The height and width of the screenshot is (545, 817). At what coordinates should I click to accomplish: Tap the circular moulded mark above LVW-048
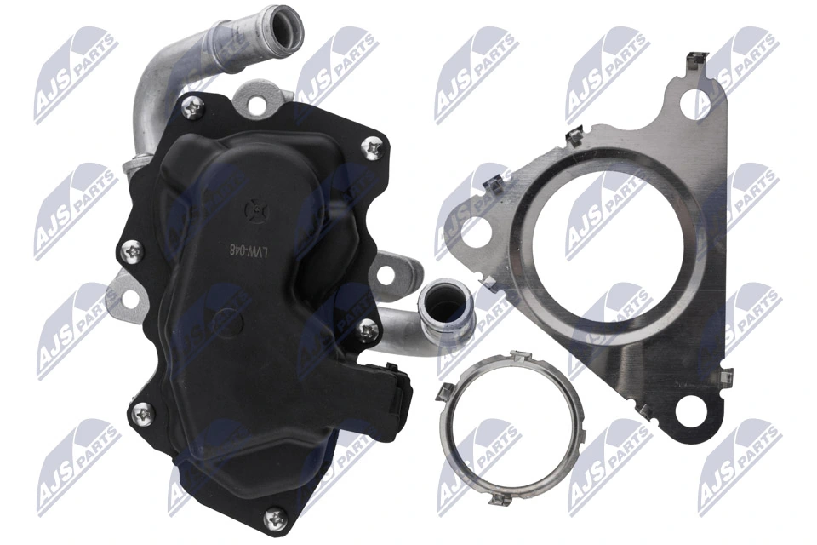(250, 207)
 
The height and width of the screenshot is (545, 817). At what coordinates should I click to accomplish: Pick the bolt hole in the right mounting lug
(388, 274)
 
